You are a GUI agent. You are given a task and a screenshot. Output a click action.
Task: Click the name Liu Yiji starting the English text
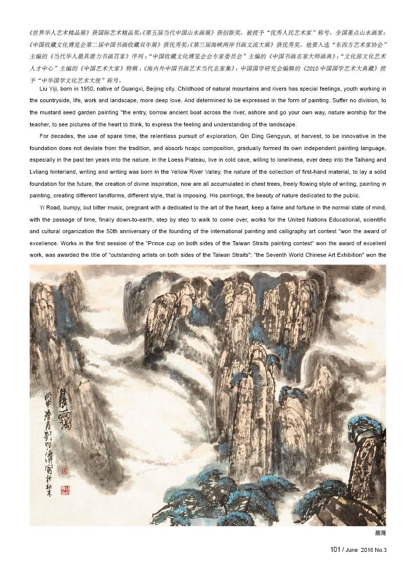pos(48,89)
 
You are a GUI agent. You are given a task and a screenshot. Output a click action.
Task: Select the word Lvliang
pos(39,172)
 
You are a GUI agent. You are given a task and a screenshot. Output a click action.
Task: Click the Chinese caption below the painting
pos(379,532)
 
